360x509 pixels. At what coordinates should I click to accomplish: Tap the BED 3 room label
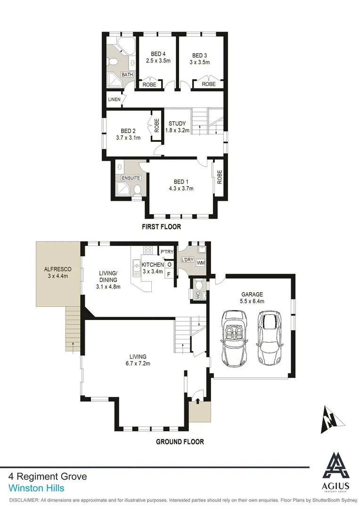[x=199, y=55]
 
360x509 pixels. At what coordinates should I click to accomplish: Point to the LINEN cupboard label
[x=114, y=99]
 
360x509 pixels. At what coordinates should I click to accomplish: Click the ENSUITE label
[x=131, y=178]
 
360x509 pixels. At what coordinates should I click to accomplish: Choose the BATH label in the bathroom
[x=127, y=75]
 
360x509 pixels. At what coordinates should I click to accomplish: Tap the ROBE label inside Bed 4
[x=149, y=84]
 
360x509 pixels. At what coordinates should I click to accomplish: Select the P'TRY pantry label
[x=167, y=253]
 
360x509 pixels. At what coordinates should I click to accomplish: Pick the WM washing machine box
[x=201, y=263]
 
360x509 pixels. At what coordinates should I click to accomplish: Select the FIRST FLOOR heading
[x=162, y=227]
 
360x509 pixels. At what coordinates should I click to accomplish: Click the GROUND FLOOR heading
[x=180, y=442]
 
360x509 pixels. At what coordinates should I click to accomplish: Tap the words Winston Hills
[x=36, y=489]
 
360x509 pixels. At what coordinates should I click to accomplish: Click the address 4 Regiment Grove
[x=48, y=477]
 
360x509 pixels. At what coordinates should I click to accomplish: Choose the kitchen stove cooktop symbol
[x=148, y=250]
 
